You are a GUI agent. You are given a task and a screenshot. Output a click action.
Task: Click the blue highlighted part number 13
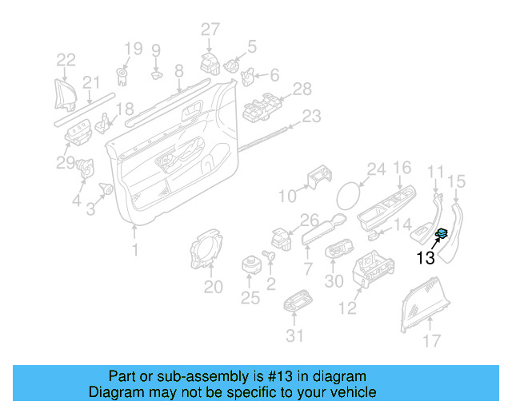pos(440,233)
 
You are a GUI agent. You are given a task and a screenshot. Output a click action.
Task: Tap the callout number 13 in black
pos(426,257)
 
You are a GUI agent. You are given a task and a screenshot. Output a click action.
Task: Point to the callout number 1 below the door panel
pos(134,251)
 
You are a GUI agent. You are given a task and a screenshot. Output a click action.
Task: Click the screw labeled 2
pos(269,256)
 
